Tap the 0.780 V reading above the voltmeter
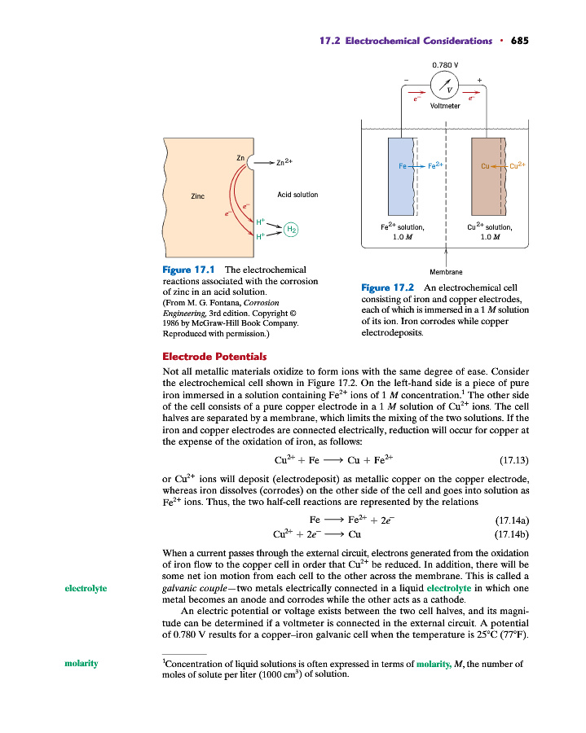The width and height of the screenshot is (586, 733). [445, 64]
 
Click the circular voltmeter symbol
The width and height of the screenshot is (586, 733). [445, 86]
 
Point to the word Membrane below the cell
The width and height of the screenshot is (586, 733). [445, 273]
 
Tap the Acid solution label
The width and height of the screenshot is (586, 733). [297, 195]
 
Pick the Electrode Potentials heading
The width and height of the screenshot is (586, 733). [214, 356]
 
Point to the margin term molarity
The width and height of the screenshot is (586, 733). [82, 664]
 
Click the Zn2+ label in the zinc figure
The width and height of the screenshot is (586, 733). [285, 162]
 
